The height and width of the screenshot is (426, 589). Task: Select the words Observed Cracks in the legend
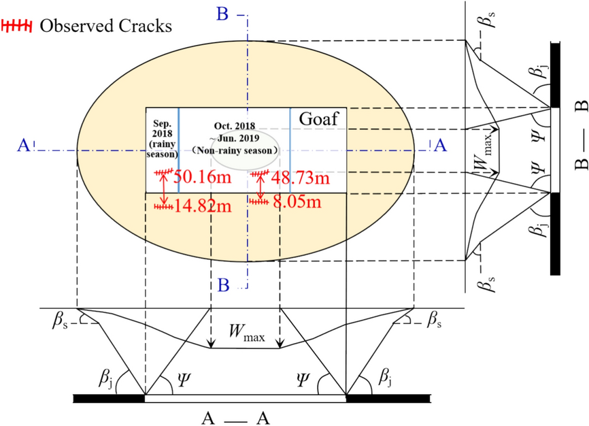click(x=105, y=26)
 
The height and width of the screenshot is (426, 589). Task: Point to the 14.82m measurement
click(x=203, y=206)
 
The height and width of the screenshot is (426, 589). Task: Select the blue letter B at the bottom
click(x=223, y=284)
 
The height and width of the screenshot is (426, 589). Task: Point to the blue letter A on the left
click(x=23, y=145)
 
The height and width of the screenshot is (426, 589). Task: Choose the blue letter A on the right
click(x=440, y=145)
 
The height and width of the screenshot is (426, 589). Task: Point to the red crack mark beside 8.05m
click(x=258, y=201)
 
